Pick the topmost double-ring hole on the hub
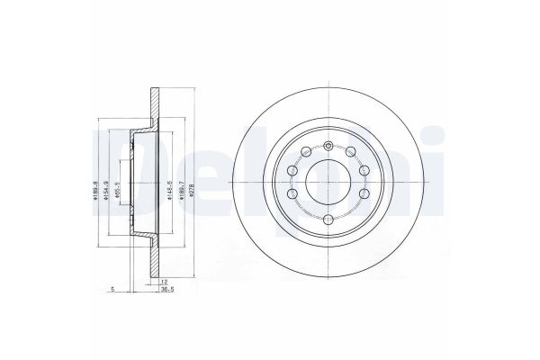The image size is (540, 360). coord(329,148)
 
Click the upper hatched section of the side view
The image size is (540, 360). coord(152,103)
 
